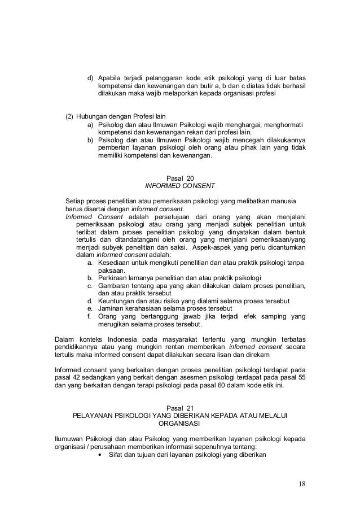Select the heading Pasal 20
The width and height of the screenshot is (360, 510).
pos(180,177)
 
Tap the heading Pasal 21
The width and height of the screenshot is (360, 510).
pos(180,408)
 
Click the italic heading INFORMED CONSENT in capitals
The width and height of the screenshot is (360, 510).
pos(180,185)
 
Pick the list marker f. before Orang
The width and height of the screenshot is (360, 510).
pos(89,316)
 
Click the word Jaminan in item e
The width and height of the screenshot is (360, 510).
pos(112,308)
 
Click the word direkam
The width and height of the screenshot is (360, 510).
pos(257,354)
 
